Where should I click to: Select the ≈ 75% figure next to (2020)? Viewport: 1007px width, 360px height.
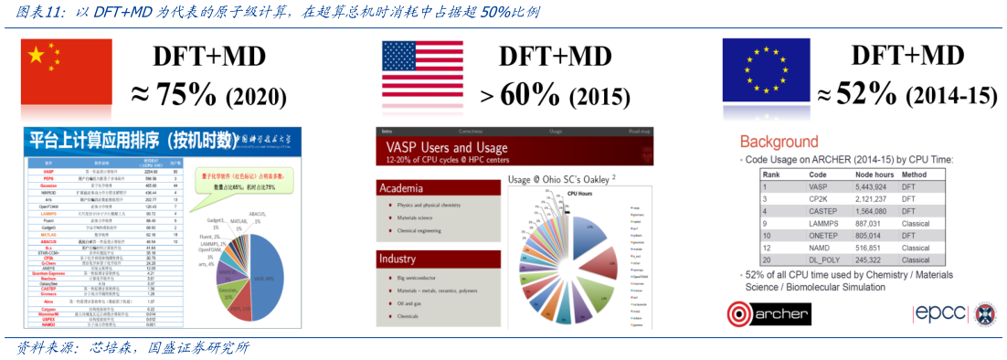(173, 94)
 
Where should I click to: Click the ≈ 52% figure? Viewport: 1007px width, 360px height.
(855, 93)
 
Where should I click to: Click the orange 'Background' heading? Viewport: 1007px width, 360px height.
(779, 142)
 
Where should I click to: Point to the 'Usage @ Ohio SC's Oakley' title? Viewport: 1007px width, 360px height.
(563, 179)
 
